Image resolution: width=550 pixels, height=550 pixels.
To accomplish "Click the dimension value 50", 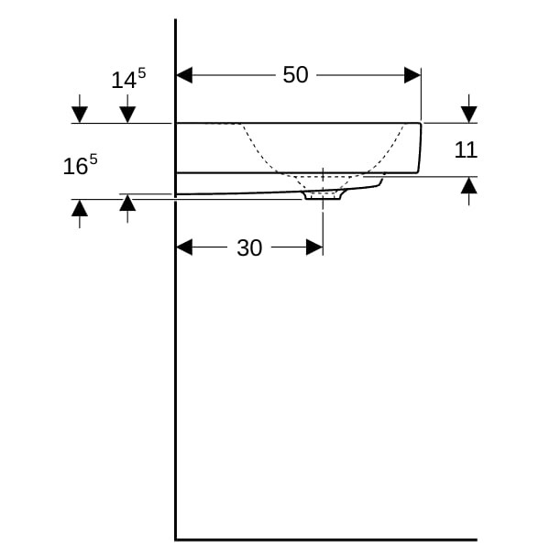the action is tap(295, 75).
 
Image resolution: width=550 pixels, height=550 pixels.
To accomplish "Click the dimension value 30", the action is tap(249, 248).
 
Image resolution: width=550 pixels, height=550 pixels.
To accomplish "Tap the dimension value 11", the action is tap(466, 149).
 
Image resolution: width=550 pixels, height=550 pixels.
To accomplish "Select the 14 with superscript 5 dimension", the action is tap(128, 79).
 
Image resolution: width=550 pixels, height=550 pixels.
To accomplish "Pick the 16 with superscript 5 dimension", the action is tap(80, 165).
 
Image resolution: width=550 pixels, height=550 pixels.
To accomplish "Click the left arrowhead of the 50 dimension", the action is tap(184, 75).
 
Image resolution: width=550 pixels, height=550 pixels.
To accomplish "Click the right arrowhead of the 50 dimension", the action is tap(412, 75).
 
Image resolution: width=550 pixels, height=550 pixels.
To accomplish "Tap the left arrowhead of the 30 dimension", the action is tap(184, 247).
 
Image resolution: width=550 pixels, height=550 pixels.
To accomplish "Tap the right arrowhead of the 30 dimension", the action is tap(314, 247).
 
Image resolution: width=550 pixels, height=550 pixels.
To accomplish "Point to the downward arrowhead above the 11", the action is tap(469, 115).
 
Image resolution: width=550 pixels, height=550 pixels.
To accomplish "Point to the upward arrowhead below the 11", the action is tap(469, 185).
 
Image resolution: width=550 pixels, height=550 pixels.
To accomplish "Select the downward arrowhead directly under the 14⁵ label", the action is tap(127, 115).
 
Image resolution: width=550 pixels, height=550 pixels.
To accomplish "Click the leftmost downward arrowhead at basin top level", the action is tap(80, 115).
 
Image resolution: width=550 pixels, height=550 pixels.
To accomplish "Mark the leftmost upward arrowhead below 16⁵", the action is tap(80, 208).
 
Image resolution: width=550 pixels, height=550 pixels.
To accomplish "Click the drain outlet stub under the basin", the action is tap(323, 195).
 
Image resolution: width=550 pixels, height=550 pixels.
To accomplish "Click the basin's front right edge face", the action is tap(419, 148).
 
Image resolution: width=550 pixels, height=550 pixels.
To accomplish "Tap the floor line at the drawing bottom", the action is tap(326, 540).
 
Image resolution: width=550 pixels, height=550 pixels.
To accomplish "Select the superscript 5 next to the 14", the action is tap(142, 73).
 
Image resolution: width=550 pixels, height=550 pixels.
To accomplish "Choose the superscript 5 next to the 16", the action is tap(93, 160).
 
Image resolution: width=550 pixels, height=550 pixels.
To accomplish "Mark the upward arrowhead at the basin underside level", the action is tap(127, 203).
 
